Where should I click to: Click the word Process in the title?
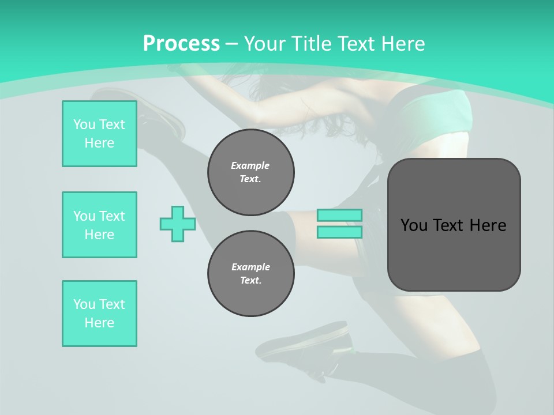pyautogui.click(x=181, y=44)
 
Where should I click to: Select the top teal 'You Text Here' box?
pyautogui.click(x=99, y=134)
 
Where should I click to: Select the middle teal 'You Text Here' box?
pyautogui.click(x=99, y=225)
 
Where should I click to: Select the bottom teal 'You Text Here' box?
pyautogui.click(x=99, y=314)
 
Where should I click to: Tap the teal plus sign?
pyautogui.click(x=178, y=224)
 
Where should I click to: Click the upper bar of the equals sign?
pyautogui.click(x=339, y=215)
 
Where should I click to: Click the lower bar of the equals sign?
pyautogui.click(x=339, y=232)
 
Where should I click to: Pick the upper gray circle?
pyautogui.click(x=251, y=172)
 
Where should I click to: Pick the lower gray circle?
pyautogui.click(x=251, y=274)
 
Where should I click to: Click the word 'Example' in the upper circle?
pyautogui.click(x=250, y=165)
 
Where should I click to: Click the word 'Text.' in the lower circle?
pyautogui.click(x=251, y=281)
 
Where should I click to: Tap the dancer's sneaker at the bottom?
pyautogui.click(x=306, y=346)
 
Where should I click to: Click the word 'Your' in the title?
pyautogui.click(x=264, y=44)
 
